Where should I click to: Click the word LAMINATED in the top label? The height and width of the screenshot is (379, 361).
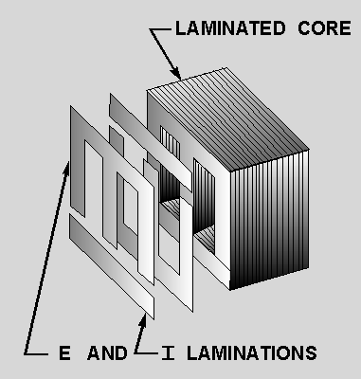pyautogui.click(x=230, y=28)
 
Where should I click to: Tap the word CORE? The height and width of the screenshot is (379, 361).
pyautogui.click(x=324, y=28)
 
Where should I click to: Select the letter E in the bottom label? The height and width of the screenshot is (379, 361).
pyautogui.click(x=64, y=353)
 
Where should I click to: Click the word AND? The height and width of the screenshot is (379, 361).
pyautogui.click(x=107, y=353)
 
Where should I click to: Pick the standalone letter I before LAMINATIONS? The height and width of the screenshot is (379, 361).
pyautogui.click(x=168, y=353)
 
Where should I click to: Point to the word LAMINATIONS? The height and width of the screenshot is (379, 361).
pyautogui.click(x=252, y=353)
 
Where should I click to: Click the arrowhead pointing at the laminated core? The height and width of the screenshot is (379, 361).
pyautogui.click(x=176, y=73)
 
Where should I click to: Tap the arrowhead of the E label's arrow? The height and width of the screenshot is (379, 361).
pyautogui.click(x=66, y=168)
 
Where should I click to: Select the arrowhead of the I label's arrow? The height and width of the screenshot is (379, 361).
pyautogui.click(x=143, y=320)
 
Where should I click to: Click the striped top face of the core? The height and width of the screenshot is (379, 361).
pyautogui.click(x=227, y=120)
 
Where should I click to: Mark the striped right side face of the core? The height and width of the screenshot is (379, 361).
pyautogui.click(x=269, y=220)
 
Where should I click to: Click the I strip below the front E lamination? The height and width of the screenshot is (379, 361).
pyautogui.click(x=112, y=266)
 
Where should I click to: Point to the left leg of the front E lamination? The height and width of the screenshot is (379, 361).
pyautogui.click(x=78, y=177)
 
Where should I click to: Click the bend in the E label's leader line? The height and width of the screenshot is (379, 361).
pyautogui.click(x=25, y=353)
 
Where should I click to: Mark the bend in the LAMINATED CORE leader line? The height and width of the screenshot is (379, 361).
pyautogui.click(x=151, y=29)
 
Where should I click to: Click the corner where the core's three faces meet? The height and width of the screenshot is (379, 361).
pyautogui.click(x=230, y=171)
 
